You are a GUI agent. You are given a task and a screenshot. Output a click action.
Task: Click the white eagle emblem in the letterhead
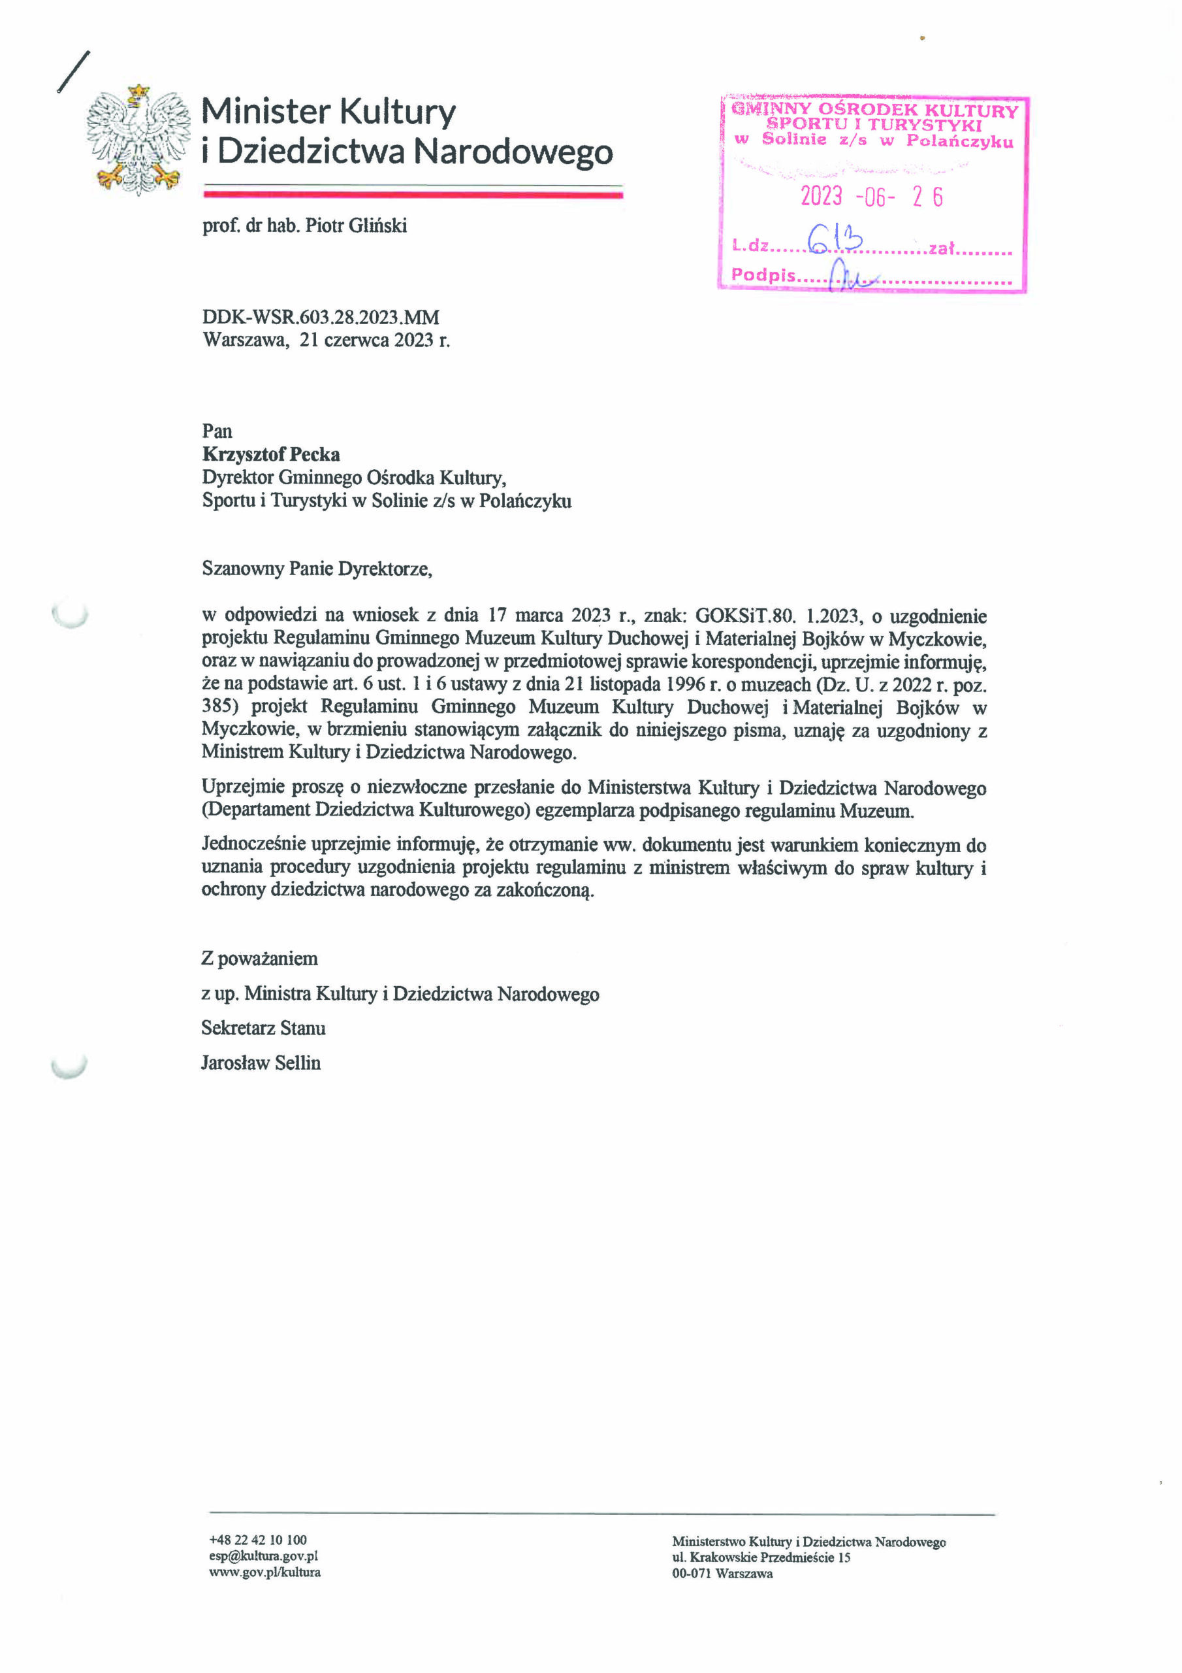(x=138, y=139)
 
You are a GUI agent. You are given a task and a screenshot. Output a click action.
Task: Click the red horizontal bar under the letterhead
(x=413, y=195)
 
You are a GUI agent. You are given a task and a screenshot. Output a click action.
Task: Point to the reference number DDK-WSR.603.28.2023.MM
(x=321, y=318)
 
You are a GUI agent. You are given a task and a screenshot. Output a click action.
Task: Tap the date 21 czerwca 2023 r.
(x=374, y=340)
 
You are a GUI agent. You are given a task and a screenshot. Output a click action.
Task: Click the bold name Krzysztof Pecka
(x=271, y=455)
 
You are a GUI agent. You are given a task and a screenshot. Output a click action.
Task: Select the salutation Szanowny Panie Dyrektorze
(x=317, y=569)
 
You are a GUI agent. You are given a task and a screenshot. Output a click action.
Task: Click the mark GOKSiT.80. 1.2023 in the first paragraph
(x=777, y=616)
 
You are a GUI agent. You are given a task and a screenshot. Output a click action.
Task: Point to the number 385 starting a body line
(x=219, y=707)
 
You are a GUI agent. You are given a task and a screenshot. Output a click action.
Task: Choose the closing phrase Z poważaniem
(x=259, y=959)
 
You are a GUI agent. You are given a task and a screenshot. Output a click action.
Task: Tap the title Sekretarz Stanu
(x=263, y=1029)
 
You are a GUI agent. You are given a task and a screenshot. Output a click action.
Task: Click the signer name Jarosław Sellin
(x=261, y=1063)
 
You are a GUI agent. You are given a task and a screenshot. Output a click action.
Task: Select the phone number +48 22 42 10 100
(x=258, y=1540)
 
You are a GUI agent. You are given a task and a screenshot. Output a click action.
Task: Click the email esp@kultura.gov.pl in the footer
(x=263, y=1555)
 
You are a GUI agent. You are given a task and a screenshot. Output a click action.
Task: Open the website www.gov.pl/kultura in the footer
(x=264, y=1572)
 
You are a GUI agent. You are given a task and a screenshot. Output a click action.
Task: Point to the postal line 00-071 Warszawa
(x=722, y=1573)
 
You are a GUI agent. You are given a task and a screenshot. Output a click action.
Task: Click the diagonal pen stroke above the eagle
(x=74, y=71)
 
